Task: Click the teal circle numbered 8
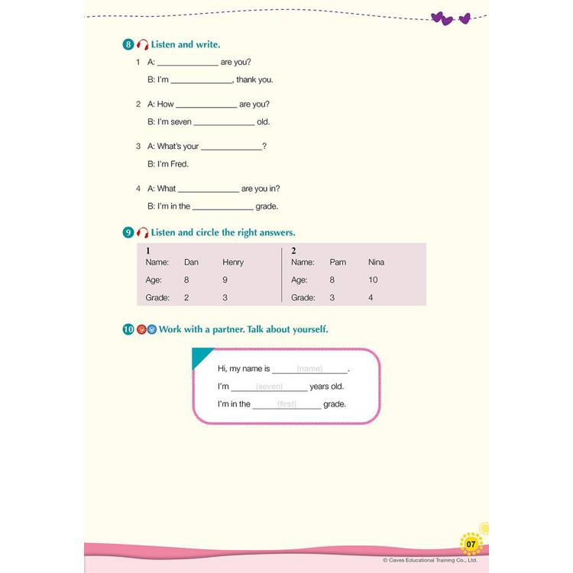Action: [x=128, y=44]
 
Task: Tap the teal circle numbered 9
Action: [x=128, y=232]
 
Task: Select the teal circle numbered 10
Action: [x=128, y=329]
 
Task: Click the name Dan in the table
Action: [x=191, y=262]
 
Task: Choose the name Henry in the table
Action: [x=233, y=262]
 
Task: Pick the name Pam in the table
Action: [x=338, y=262]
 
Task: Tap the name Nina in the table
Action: [x=376, y=262]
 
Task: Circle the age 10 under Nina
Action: [x=373, y=280]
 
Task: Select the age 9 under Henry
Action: [x=225, y=280]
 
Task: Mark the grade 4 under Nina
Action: [x=371, y=297]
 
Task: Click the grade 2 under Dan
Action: [x=186, y=297]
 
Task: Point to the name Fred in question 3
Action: [x=180, y=163]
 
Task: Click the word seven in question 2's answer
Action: [x=181, y=121]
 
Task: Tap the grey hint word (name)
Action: [x=309, y=369]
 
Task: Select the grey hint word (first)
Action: [x=286, y=404]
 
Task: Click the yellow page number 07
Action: [x=471, y=544]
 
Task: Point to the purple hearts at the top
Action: [x=450, y=18]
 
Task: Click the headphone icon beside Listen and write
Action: [x=142, y=45]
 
